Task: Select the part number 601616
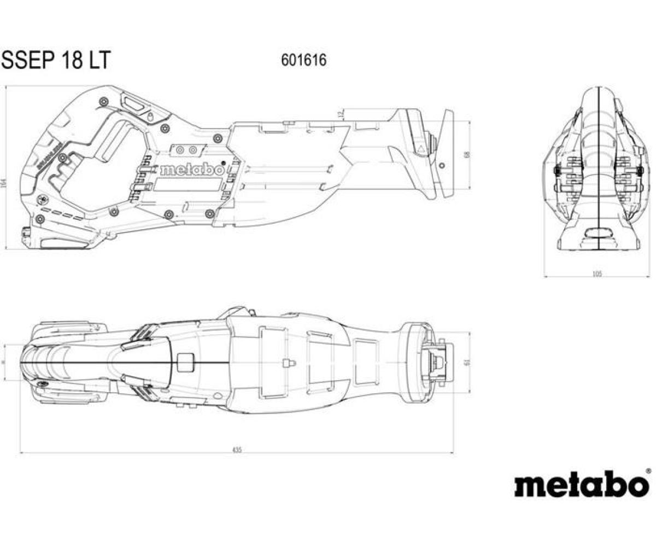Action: pyautogui.click(x=303, y=60)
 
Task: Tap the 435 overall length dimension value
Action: pyautogui.click(x=236, y=450)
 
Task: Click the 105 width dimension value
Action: pyautogui.click(x=597, y=273)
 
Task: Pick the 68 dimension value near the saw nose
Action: pyautogui.click(x=466, y=155)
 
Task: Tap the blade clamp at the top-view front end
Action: pyautogui.click(x=437, y=361)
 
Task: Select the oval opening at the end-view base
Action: pyautogui.click(x=599, y=234)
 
